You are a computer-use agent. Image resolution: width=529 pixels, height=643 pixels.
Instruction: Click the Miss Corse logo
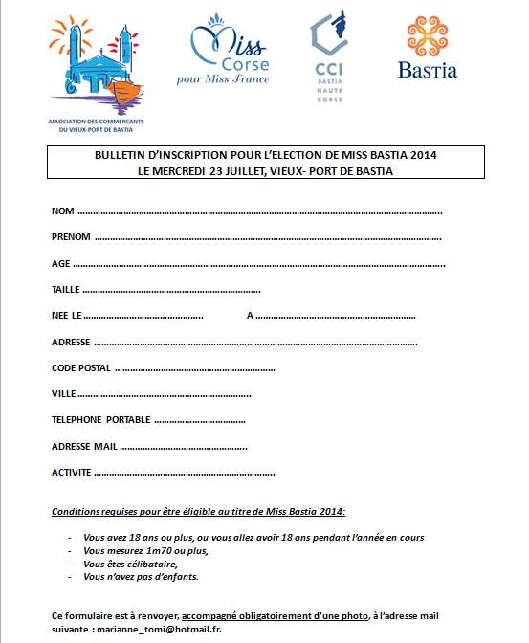(x=229, y=55)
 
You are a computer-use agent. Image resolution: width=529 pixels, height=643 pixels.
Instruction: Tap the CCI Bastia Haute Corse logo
(x=329, y=52)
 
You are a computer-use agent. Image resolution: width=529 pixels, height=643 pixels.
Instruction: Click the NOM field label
(x=62, y=211)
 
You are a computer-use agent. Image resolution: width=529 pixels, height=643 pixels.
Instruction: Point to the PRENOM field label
(x=71, y=236)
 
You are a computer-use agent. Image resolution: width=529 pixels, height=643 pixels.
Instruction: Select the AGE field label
(x=60, y=263)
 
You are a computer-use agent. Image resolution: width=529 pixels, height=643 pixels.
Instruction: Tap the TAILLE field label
(x=66, y=289)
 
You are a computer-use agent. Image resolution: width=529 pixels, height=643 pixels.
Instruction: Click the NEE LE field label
(x=67, y=315)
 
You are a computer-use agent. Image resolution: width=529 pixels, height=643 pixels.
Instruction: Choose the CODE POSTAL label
(x=81, y=367)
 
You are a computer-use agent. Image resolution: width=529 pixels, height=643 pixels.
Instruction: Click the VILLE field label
(x=63, y=393)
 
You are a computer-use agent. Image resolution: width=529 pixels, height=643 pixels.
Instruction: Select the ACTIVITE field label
(x=71, y=473)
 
